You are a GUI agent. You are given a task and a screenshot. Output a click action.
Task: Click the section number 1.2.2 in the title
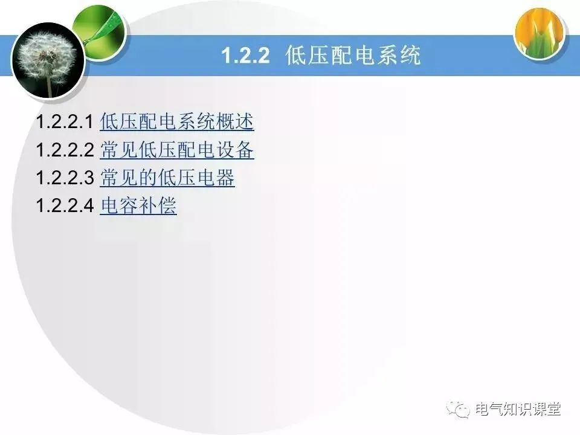click(244, 56)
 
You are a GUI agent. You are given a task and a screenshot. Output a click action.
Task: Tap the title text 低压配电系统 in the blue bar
click(353, 56)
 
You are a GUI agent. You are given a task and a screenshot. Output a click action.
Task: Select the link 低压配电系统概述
click(176, 122)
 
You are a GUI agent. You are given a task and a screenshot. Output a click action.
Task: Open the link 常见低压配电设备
click(176, 150)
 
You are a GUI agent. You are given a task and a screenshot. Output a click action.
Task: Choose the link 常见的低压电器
click(167, 178)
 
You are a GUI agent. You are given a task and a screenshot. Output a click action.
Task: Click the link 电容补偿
click(138, 207)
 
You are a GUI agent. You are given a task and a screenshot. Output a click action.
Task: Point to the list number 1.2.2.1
click(65, 123)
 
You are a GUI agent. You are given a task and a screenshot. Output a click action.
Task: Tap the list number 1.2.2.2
click(65, 150)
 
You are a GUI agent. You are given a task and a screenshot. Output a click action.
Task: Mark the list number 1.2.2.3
click(65, 179)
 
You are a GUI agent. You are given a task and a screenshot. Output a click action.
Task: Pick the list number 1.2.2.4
click(65, 207)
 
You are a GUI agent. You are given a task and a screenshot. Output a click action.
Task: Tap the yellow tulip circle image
click(540, 34)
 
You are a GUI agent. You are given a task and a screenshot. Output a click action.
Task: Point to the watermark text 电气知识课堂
click(518, 409)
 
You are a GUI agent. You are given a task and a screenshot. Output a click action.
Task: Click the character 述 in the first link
click(245, 122)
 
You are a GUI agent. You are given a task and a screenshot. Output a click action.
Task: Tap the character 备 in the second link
click(245, 150)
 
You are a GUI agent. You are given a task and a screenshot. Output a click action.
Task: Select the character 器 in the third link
click(225, 178)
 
